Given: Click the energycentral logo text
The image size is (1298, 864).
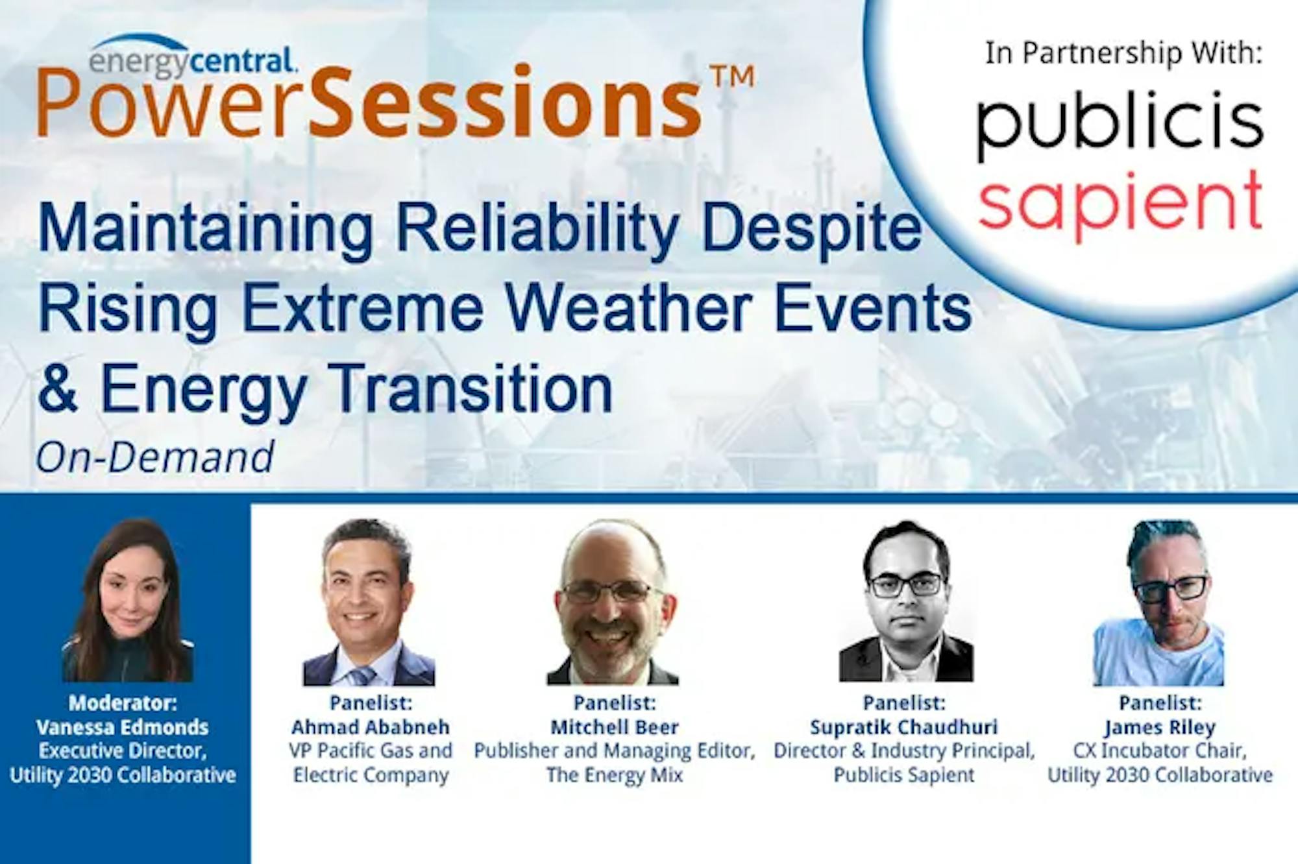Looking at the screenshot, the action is (193, 60).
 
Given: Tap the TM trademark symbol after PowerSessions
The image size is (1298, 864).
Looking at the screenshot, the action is (733, 77).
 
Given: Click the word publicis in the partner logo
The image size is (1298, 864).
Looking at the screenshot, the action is (1120, 124).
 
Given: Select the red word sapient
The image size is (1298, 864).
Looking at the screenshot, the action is (1120, 202).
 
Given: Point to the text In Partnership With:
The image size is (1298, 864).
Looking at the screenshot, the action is (1123, 53).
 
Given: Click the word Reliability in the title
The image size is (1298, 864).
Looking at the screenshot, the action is (537, 229).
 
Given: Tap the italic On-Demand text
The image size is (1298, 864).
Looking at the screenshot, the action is (155, 457).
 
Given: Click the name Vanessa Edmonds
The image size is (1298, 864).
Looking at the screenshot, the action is (123, 726).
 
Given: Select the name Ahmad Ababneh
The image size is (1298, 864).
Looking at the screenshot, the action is (371, 726).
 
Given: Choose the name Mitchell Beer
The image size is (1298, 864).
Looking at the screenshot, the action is (615, 726).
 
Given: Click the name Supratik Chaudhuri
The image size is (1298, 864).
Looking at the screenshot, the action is (904, 726).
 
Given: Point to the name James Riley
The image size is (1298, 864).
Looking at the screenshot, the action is (1160, 727).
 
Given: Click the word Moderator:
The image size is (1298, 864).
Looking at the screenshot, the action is (123, 702).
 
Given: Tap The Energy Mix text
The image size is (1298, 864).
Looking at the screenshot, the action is (615, 774).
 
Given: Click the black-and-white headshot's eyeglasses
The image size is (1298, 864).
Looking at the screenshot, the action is (906, 585).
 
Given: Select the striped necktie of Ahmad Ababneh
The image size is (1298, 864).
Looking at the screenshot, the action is (360, 675).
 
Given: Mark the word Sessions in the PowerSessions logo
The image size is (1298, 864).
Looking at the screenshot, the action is (508, 102).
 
